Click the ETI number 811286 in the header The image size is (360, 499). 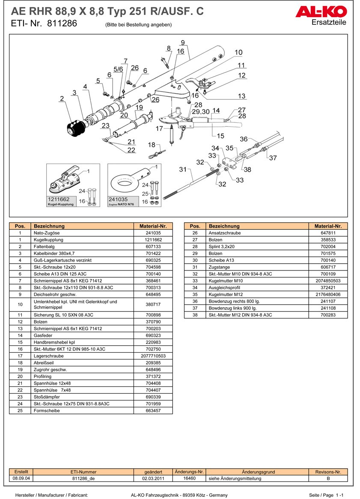[62, 24]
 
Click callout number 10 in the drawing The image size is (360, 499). [238, 53]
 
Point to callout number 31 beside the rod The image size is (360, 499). [183, 170]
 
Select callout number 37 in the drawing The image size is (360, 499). [273, 158]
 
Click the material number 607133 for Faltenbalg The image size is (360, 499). [153, 247]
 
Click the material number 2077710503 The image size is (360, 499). [153, 356]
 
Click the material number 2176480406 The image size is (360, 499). [328, 294]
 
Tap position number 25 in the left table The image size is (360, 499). [20, 411]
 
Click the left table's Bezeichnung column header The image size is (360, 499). [49, 226]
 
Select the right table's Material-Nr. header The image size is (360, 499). [328, 226]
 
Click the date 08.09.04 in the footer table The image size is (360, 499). [21, 478]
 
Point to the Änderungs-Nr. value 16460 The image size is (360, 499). [189, 478]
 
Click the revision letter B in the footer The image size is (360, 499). [328, 478]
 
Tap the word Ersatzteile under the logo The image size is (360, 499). [329, 22]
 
